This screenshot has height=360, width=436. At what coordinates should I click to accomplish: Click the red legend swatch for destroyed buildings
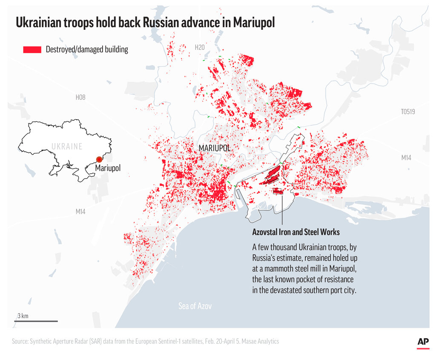click(x=32, y=50)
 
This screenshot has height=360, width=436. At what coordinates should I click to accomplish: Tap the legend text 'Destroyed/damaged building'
click(x=87, y=49)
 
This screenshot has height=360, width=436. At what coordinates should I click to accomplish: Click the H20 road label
click(x=200, y=48)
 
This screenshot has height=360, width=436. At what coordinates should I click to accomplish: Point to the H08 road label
click(x=80, y=98)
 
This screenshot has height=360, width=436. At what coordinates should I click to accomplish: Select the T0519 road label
click(x=407, y=112)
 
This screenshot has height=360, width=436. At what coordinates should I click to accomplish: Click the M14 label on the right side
click(x=406, y=158)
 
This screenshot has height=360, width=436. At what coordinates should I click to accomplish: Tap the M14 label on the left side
click(x=80, y=211)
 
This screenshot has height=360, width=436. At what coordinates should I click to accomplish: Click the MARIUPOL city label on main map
click(x=215, y=148)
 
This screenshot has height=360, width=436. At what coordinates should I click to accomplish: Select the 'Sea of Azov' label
click(x=195, y=306)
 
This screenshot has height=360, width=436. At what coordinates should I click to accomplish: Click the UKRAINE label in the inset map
click(x=67, y=147)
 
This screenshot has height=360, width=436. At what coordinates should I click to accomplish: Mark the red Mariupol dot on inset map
click(x=99, y=159)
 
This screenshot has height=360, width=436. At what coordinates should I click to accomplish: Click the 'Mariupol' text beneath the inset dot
click(x=108, y=168)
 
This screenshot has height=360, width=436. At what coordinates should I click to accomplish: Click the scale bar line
click(x=37, y=321)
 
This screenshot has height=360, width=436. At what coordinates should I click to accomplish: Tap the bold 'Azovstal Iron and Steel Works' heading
click(x=296, y=232)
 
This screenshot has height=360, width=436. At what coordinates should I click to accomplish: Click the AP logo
click(x=423, y=342)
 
